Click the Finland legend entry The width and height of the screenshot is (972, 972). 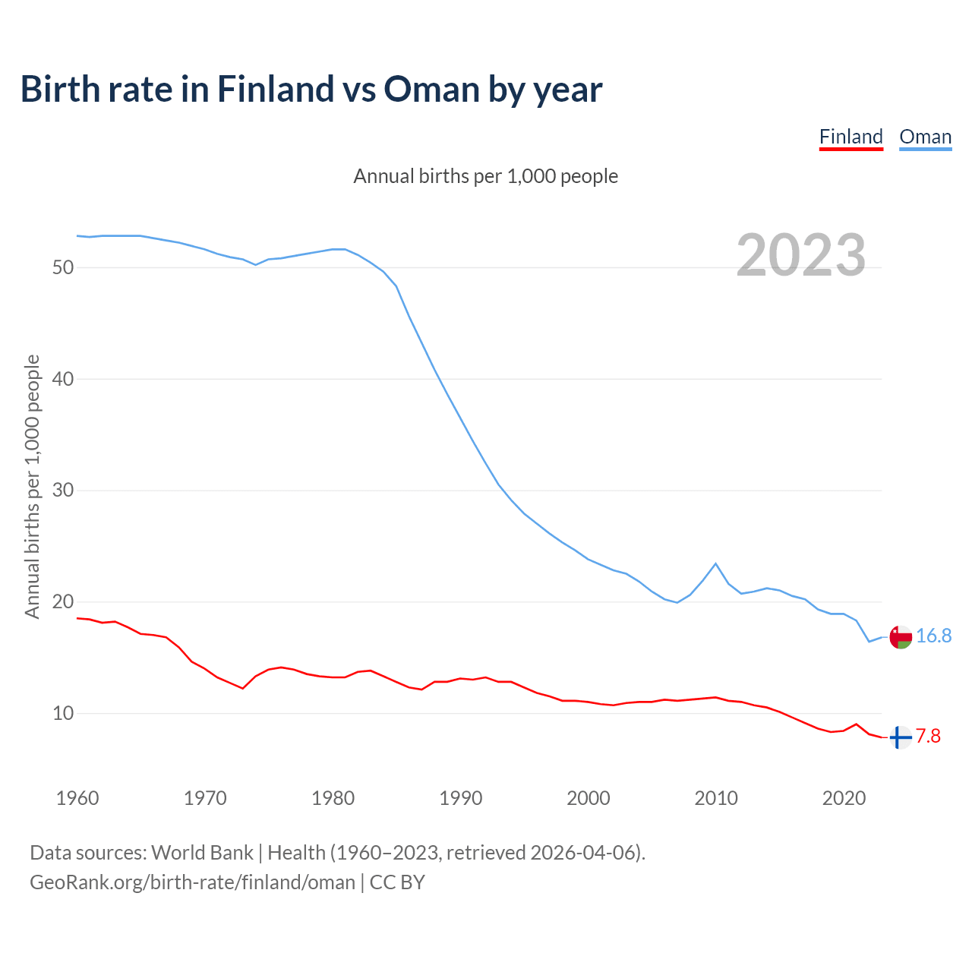(850, 137)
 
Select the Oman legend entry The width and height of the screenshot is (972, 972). (925, 137)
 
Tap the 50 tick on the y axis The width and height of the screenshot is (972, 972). (63, 267)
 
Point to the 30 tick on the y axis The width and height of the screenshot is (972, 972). (63, 491)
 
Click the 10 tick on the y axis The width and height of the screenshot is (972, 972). (63, 713)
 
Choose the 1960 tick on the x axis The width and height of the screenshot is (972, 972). (77, 798)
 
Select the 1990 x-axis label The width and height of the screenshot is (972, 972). (461, 798)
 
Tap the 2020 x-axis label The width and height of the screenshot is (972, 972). (844, 798)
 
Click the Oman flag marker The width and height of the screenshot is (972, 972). (900, 637)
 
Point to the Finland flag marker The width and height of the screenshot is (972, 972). (900, 737)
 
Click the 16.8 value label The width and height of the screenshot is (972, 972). (933, 636)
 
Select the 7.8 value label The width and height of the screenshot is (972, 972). (928, 737)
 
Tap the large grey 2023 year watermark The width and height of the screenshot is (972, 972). (801, 255)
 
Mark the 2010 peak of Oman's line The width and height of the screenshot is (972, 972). (715, 563)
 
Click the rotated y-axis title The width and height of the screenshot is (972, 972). (32, 486)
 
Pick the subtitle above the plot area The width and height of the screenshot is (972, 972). (486, 176)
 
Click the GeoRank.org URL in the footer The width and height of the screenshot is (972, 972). (192, 882)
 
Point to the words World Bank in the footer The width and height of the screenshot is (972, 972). (202, 853)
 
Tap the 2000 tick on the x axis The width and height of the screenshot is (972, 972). (589, 798)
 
